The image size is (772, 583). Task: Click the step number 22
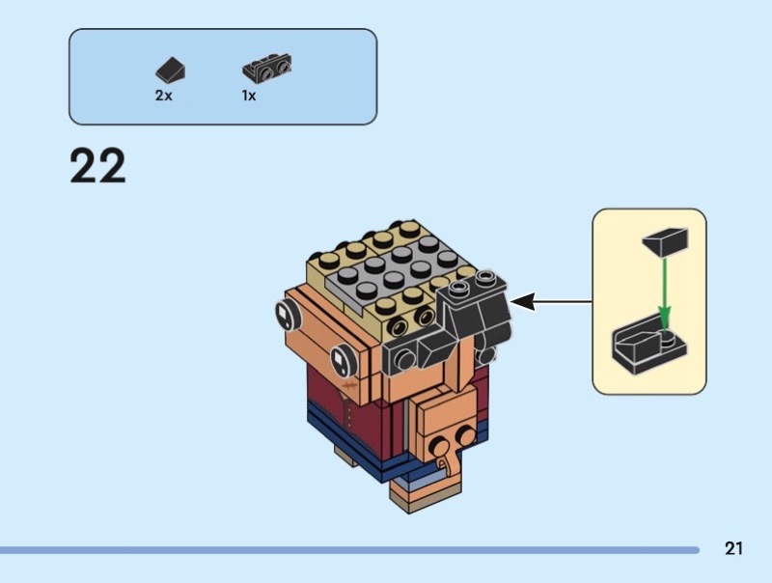pyautogui.click(x=97, y=166)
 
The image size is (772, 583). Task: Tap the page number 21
pyautogui.click(x=733, y=549)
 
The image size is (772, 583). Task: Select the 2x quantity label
pyautogui.click(x=163, y=96)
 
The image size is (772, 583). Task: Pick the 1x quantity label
pyautogui.click(x=249, y=96)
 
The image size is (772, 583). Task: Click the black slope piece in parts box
pyautogui.click(x=170, y=69)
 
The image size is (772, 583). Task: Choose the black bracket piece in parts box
pyautogui.click(x=266, y=69)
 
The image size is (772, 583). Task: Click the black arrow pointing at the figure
pyautogui.click(x=550, y=302)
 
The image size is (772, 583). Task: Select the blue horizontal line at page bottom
pyautogui.click(x=347, y=550)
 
